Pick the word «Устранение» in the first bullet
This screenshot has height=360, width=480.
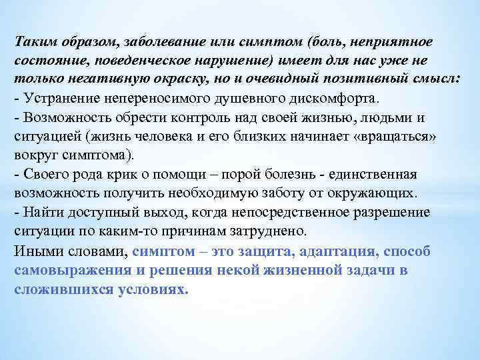(57, 99)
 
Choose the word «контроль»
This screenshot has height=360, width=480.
(201, 117)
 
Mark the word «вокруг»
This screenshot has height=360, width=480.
(34, 155)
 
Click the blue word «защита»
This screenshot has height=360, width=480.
(261, 251)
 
